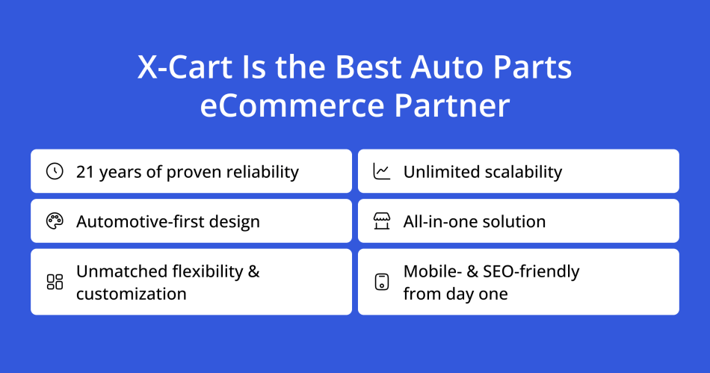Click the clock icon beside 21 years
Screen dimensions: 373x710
[x=55, y=171]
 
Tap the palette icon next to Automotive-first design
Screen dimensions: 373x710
[x=55, y=221]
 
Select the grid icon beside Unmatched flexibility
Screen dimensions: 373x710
[x=55, y=282]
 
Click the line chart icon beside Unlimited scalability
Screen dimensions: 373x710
[x=382, y=171]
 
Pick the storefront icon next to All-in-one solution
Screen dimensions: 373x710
[x=382, y=221]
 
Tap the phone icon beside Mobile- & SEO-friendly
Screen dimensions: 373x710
[x=382, y=282]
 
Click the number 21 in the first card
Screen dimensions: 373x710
[x=85, y=172]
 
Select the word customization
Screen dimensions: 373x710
[x=132, y=294]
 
